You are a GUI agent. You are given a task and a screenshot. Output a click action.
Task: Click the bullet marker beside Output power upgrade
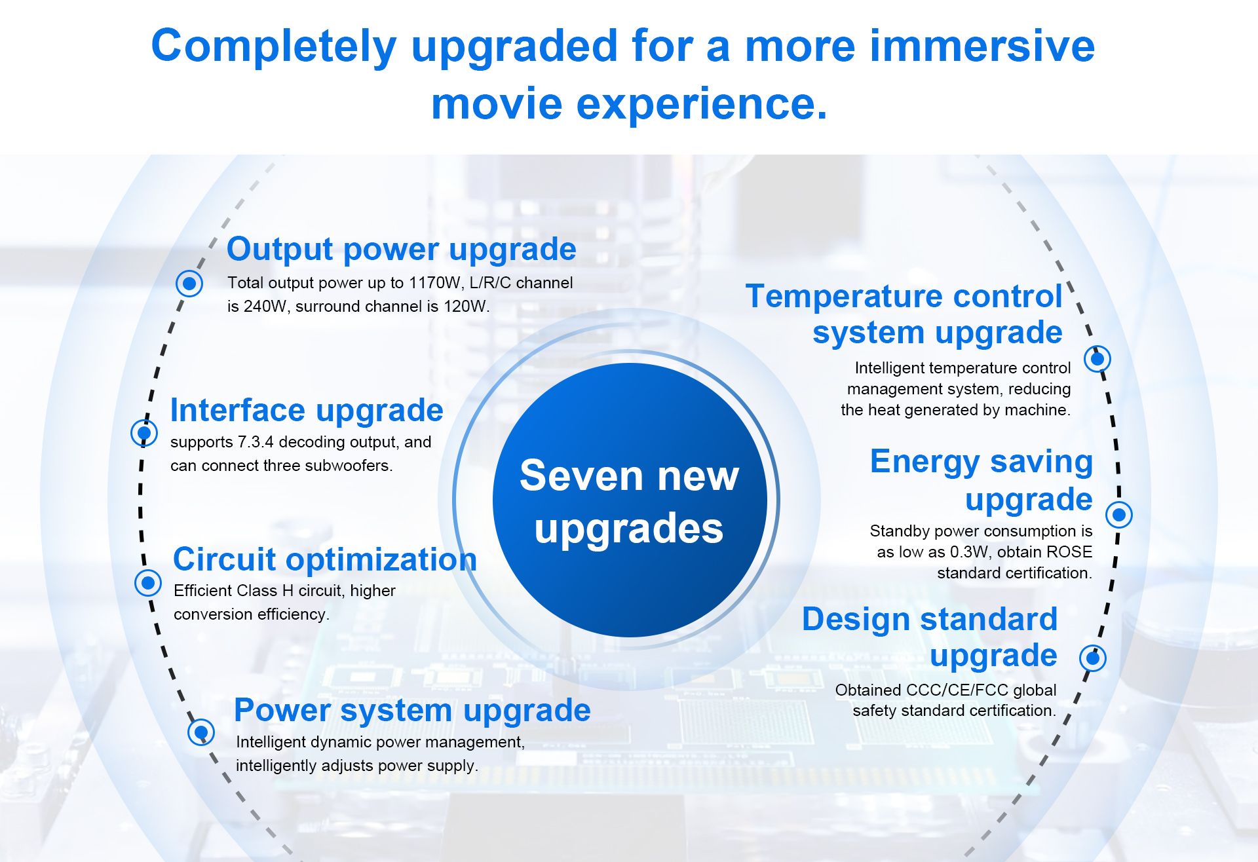[189, 284]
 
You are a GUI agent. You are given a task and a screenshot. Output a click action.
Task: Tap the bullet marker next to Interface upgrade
[144, 433]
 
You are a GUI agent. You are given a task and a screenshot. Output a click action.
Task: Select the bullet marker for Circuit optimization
[148, 582]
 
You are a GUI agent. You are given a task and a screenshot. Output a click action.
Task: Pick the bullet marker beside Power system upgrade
[201, 732]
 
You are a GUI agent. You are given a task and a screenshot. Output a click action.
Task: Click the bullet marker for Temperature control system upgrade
[1097, 359]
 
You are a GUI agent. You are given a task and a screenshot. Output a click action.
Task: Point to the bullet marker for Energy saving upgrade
[1119, 515]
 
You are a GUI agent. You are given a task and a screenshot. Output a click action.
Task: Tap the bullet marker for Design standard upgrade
[1093, 658]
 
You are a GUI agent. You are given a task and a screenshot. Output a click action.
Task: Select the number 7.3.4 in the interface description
[256, 442]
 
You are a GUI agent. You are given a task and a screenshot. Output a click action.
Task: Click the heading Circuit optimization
[325, 560]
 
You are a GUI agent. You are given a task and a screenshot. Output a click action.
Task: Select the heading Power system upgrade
[412, 711]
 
